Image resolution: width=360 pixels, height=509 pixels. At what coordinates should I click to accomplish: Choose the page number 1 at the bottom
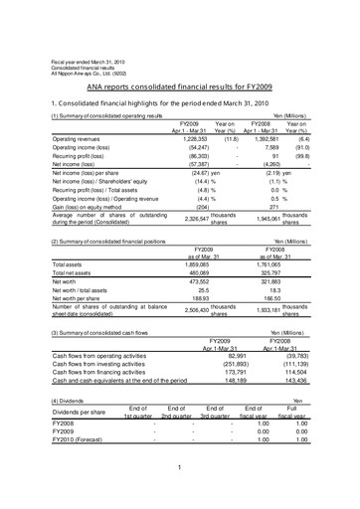180,494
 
